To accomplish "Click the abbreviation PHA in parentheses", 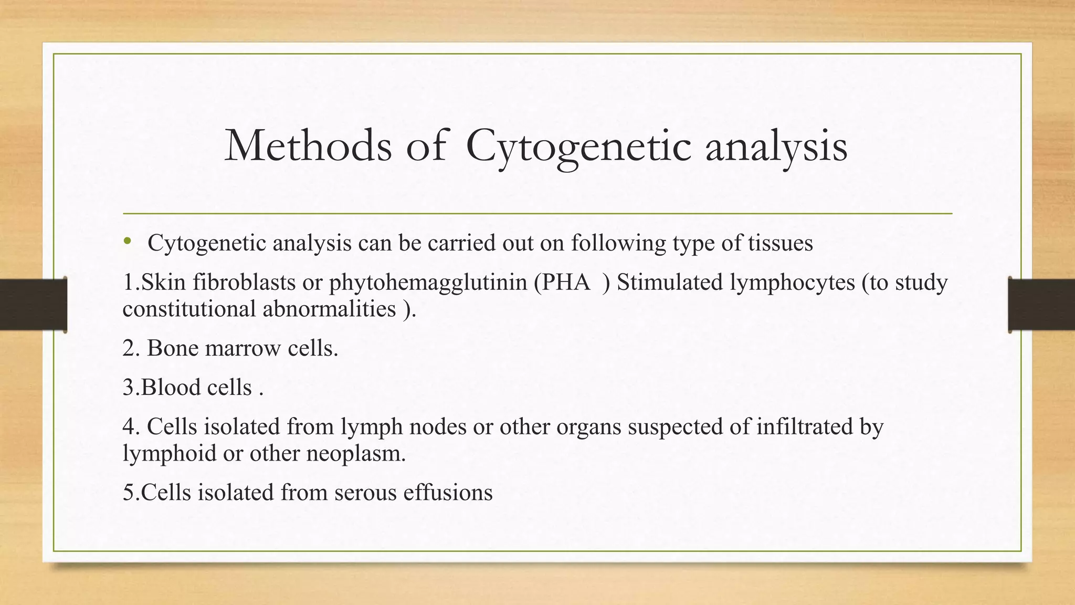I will pos(566,283).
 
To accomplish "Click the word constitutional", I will pos(189,309).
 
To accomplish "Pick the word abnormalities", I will pos(329,309).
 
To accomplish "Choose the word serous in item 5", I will pos(365,493).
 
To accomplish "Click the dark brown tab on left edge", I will pos(33,305).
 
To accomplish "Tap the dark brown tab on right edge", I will pos(1041,305).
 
